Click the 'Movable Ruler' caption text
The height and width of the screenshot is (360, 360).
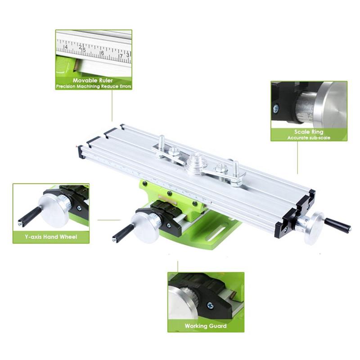(94, 80)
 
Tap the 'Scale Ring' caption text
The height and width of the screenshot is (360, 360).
(309, 132)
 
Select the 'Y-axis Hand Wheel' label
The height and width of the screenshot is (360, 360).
(51, 236)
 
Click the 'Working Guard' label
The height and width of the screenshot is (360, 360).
(206, 325)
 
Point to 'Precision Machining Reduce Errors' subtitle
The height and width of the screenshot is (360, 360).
(94, 85)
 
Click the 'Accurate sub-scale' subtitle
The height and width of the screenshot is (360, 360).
(309, 138)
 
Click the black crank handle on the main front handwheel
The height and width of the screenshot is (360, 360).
(123, 232)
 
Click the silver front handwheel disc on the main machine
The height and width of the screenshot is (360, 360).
(145, 227)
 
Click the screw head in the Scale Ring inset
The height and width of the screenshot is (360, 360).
(275, 108)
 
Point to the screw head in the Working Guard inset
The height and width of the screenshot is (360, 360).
(210, 306)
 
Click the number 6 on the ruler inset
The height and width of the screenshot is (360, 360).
(103, 53)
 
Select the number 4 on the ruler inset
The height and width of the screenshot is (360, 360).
(66, 46)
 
